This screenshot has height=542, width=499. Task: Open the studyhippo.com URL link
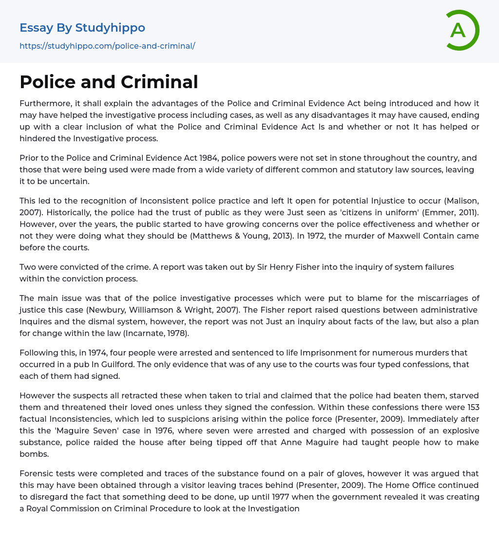[107, 46]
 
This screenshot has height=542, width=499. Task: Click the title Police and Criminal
[109, 82]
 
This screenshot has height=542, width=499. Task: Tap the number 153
[471, 407]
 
